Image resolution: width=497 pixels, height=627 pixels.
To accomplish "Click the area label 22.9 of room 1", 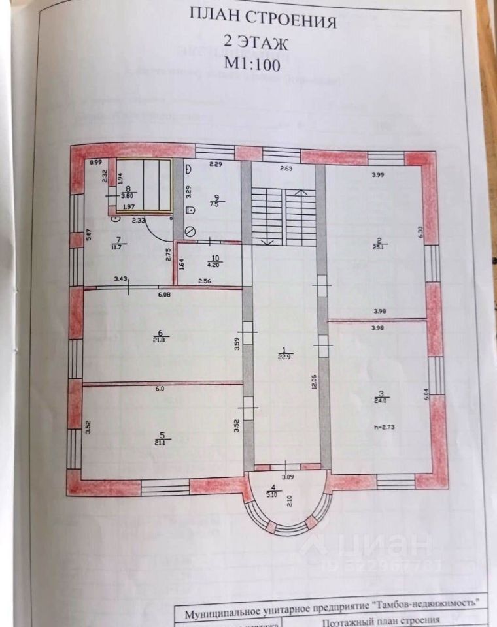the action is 284,356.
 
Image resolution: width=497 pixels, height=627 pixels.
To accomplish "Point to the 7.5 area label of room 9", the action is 213,203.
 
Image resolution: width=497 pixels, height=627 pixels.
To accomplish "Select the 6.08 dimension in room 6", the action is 163,294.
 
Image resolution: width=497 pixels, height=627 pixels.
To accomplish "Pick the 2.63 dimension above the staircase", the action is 286,169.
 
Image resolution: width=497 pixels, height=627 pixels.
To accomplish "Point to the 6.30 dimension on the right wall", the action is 420,233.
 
